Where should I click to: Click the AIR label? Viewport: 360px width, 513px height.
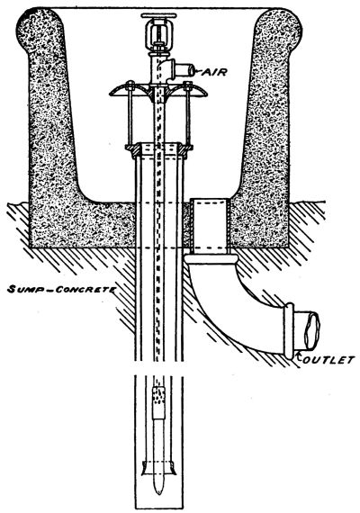214,72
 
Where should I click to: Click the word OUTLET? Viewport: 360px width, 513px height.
328,360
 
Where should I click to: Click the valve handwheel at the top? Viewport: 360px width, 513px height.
158,15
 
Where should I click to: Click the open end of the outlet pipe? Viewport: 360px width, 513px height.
312,330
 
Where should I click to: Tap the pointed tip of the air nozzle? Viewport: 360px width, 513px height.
159,491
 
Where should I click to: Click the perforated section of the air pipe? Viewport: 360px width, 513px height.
158,398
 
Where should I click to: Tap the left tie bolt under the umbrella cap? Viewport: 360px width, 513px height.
130,114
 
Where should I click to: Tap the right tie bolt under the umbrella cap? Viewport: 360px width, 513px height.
188,114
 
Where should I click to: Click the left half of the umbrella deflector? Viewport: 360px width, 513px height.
130,90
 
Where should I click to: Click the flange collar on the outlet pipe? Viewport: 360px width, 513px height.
289,331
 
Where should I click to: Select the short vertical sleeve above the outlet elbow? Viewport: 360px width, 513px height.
210,227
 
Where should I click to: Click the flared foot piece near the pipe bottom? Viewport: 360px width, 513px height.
159,468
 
